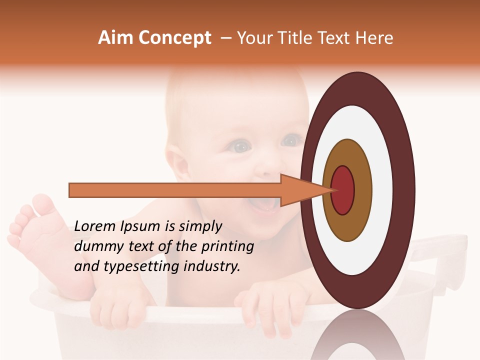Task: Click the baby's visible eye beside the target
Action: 241,146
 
